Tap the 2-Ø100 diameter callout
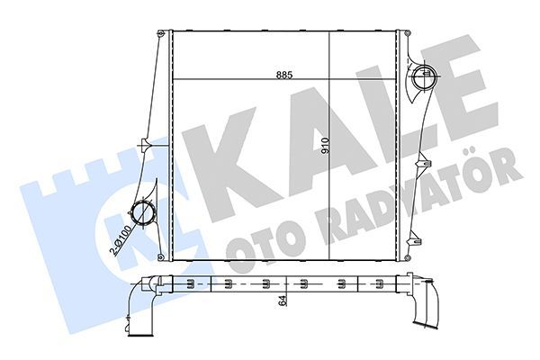(116, 237)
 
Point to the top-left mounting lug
(162, 34)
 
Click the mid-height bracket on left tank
(143, 145)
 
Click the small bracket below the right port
(421, 166)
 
